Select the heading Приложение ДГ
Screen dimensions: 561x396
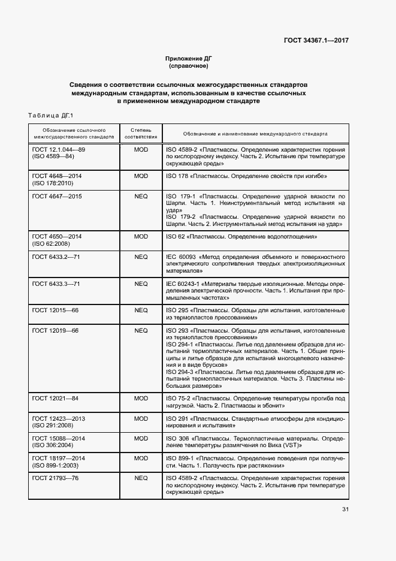pyautogui.click(x=188, y=58)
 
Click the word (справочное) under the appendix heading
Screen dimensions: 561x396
pyautogui.click(x=188, y=65)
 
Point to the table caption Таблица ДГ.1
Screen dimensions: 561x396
pyautogui.click(x=50, y=115)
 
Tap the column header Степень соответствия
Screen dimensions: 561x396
pyautogui.click(x=141, y=132)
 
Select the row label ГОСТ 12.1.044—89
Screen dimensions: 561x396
pyautogui.click(x=59, y=149)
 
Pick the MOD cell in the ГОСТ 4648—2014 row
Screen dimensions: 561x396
pyautogui.click(x=141, y=176)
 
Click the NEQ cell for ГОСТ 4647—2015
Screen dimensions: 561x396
pyautogui.click(x=141, y=196)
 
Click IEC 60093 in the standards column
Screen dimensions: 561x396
pyautogui.click(x=182, y=257)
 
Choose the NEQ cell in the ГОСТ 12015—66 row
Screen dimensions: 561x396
pyautogui.click(x=141, y=310)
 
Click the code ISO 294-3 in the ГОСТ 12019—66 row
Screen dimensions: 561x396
pyautogui.click(x=179, y=372)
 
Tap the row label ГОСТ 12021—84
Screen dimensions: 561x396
pyautogui.click(x=56, y=398)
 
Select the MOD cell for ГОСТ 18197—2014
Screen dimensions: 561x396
pyautogui.click(x=141, y=459)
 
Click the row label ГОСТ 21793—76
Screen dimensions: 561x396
pyautogui.click(x=56, y=478)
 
